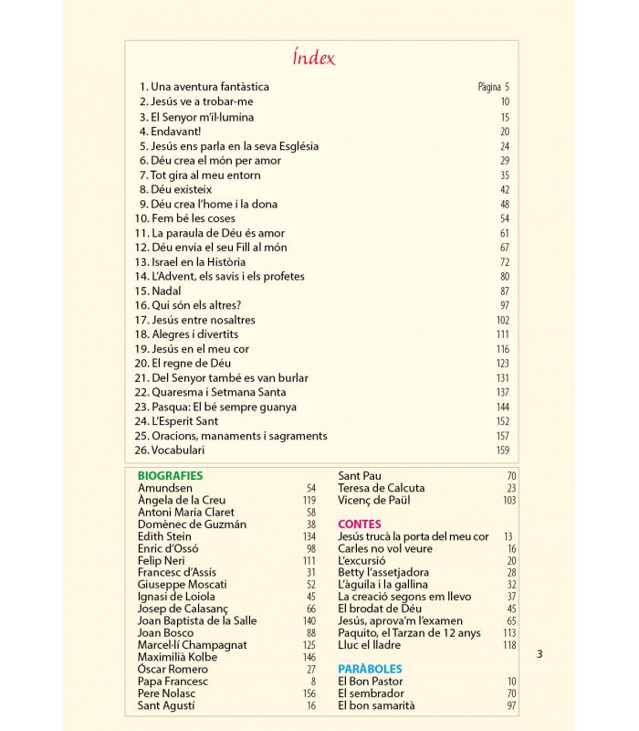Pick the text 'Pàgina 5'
tap(493, 88)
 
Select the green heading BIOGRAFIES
tap(170, 476)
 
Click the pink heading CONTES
tap(360, 524)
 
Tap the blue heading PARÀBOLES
tap(370, 669)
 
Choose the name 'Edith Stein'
tap(163, 536)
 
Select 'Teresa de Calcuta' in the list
tap(381, 488)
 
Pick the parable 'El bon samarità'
tap(376, 705)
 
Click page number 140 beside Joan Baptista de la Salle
tap(309, 620)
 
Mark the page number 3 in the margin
tap(539, 653)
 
